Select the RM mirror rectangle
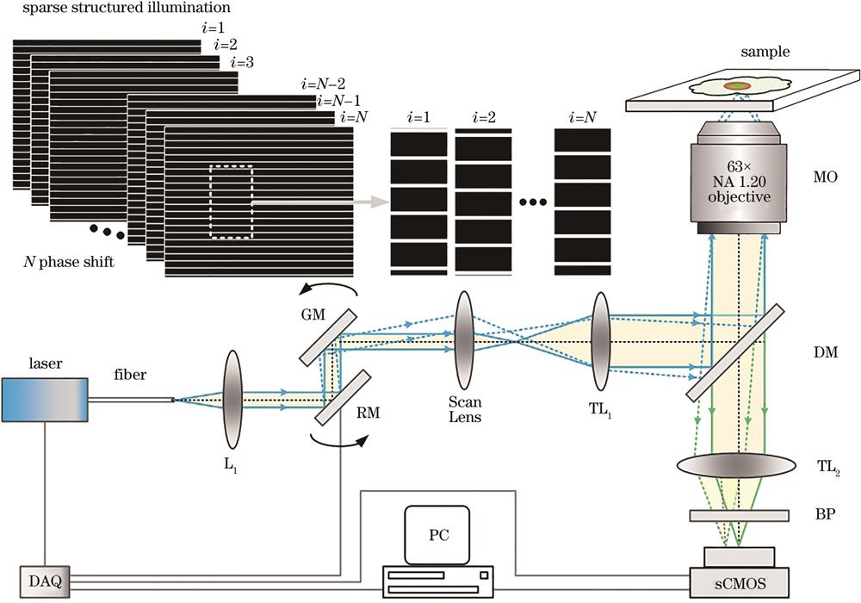(343, 397)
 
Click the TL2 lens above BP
(739, 466)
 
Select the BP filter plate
(739, 515)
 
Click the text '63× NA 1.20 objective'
(739, 182)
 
